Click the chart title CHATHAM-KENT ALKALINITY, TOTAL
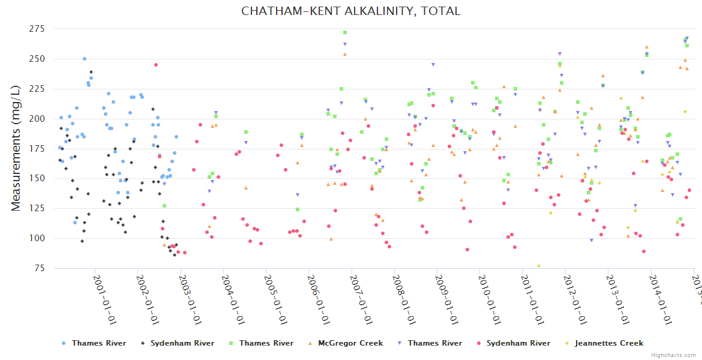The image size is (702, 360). [x=351, y=11]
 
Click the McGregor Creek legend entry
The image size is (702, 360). [x=350, y=343]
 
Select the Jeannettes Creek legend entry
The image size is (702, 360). [x=608, y=343]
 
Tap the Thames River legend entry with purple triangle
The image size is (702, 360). [x=434, y=343]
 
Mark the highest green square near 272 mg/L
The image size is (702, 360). [x=345, y=32]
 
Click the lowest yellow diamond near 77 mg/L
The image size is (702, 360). [x=539, y=266]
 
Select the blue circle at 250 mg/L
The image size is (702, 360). [x=85, y=59]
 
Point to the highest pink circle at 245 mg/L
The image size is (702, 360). [x=156, y=65]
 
